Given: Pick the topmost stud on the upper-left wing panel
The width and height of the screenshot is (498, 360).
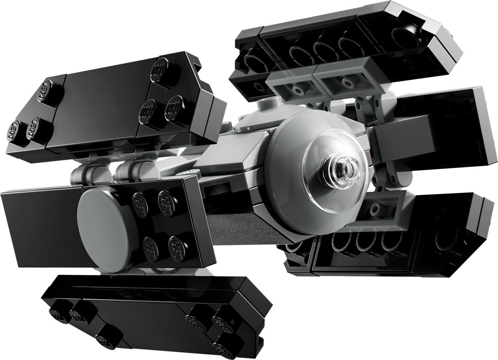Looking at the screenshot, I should (161, 68).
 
